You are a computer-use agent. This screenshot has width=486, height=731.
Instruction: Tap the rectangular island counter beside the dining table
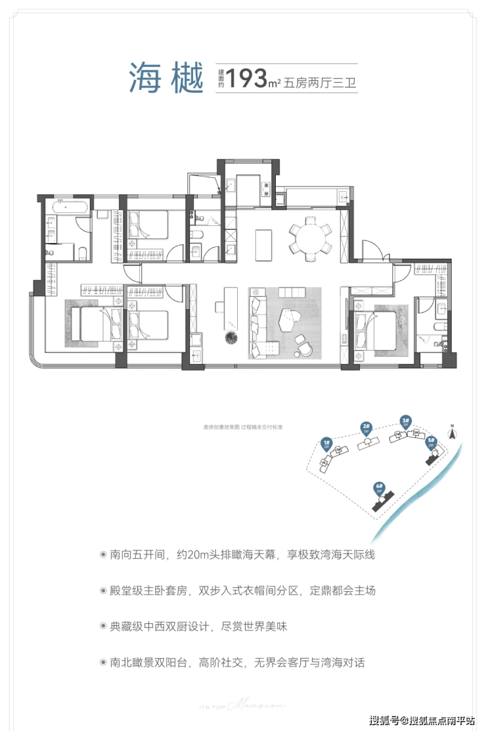pyautogui.click(x=263, y=244)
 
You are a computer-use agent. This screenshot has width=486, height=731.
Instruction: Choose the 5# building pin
pyautogui.click(x=431, y=442)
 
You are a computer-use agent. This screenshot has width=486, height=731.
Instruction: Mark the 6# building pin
pyautogui.click(x=379, y=489)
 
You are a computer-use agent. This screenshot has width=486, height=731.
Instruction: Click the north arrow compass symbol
pyautogui.click(x=452, y=432)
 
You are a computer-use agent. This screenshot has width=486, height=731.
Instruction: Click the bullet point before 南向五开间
pyautogui.click(x=102, y=555)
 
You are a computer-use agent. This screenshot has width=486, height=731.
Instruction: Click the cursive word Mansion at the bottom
pyautogui.click(x=261, y=703)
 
